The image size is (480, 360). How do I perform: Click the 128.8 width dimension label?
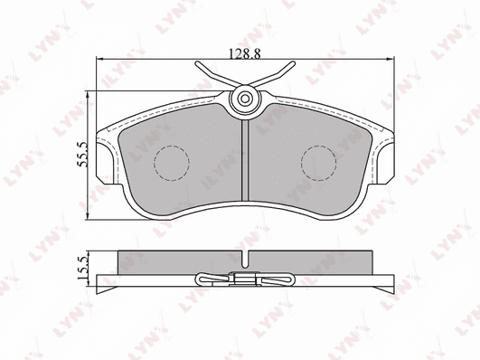(245, 53)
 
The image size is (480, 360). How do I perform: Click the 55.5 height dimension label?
(82, 154)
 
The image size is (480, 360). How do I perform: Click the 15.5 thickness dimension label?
(82, 268)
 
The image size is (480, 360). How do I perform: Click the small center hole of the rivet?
(245, 99)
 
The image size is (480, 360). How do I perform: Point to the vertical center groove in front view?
(245, 160)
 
